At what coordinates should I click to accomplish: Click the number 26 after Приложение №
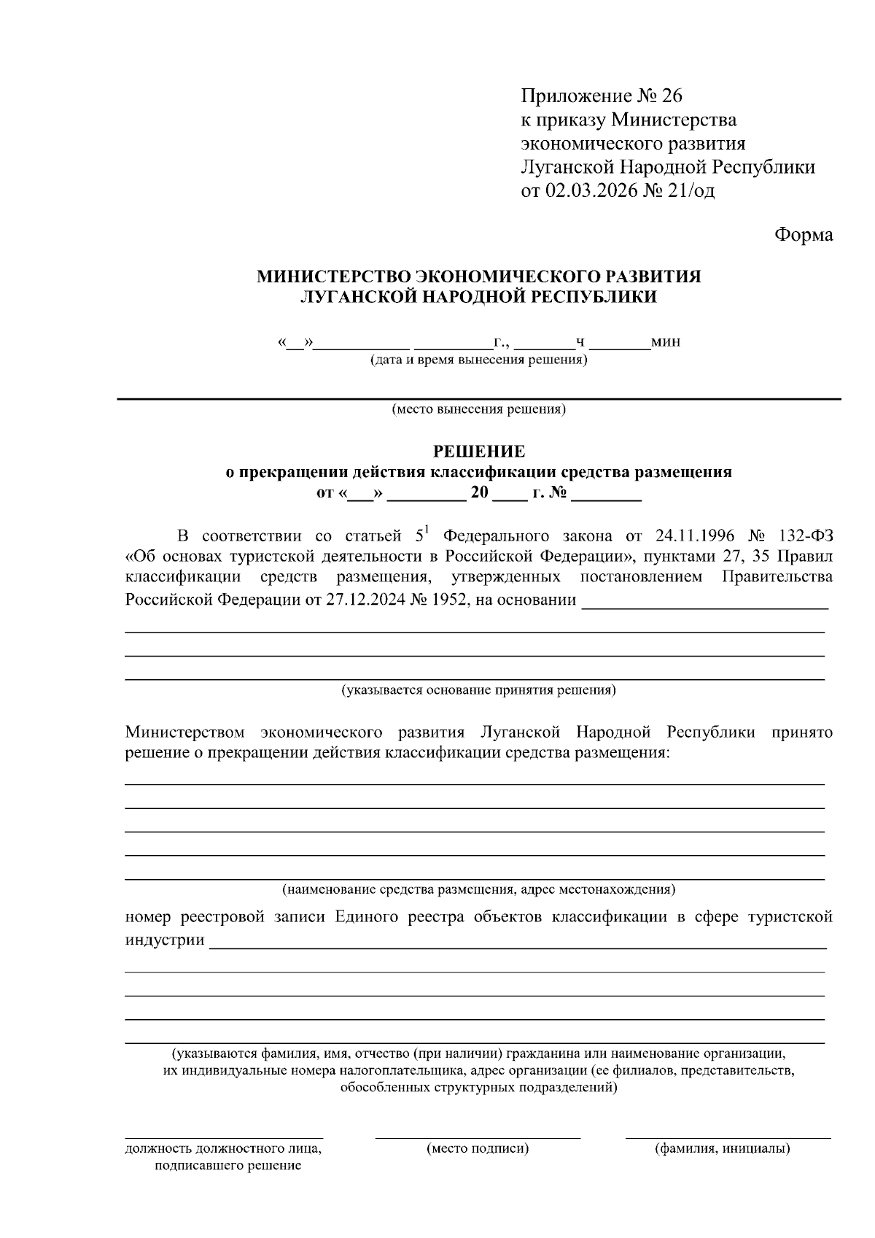tap(672, 96)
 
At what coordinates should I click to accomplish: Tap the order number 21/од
tap(691, 191)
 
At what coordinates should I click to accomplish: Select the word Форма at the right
tap(803, 235)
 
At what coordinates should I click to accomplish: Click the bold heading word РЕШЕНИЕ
tap(478, 452)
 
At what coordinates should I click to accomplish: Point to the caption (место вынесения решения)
tap(478, 409)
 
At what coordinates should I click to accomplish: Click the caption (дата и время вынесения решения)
tap(478, 360)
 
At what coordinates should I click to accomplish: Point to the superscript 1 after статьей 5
tap(428, 530)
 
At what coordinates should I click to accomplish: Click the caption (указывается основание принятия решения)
tap(478, 689)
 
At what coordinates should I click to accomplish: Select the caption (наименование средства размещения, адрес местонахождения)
tap(478, 889)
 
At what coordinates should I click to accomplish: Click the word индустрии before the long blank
tap(165, 940)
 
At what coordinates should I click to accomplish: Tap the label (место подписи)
tap(478, 1149)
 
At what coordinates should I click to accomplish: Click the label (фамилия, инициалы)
tap(722, 1149)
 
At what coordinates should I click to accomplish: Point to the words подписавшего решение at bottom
tap(227, 1166)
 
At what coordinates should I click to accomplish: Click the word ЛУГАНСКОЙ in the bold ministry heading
tap(350, 297)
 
